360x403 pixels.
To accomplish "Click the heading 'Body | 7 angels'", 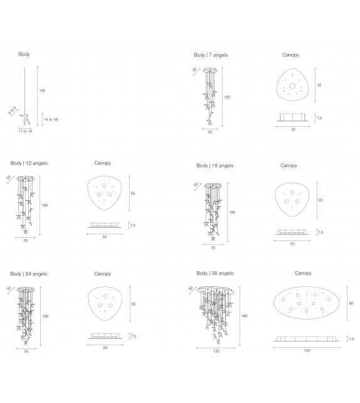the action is click(211, 55).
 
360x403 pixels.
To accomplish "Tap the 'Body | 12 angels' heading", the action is click(29, 163).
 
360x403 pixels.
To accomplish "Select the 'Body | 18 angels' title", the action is click(215, 166).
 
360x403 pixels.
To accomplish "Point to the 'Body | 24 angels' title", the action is click(29, 274).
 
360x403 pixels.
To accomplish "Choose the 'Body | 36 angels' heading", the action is click(215, 273).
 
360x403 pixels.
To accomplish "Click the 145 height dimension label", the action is click(42, 90).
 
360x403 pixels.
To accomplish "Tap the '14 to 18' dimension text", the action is click(51, 119).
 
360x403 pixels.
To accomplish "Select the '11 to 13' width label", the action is click(25, 131).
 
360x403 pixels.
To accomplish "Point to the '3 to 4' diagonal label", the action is click(12, 110).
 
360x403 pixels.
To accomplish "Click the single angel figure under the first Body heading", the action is click(25, 119).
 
